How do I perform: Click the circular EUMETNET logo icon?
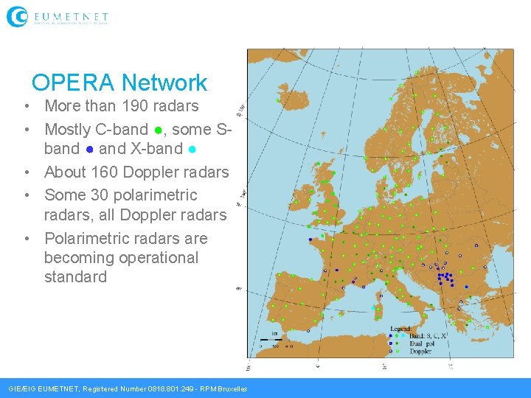click(17, 16)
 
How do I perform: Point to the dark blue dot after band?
click(89, 150)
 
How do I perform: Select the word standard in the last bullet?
click(75, 277)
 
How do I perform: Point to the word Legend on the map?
click(400, 329)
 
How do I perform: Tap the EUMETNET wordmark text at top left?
click(71, 15)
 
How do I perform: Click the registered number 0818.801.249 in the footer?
click(173, 389)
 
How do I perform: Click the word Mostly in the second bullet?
click(67, 130)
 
